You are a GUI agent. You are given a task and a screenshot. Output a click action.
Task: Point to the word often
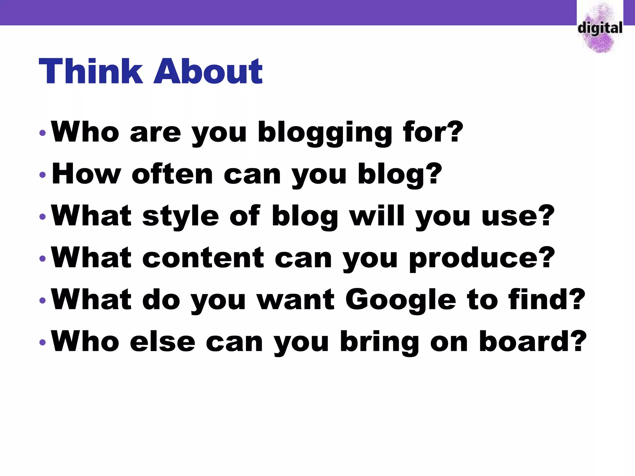click(172, 174)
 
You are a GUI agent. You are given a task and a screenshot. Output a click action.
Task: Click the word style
click(181, 216)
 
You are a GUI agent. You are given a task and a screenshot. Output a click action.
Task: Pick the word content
click(203, 258)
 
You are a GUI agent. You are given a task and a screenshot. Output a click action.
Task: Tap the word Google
click(401, 300)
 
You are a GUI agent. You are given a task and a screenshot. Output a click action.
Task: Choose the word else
click(162, 342)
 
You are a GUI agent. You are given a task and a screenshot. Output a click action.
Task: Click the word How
click(86, 174)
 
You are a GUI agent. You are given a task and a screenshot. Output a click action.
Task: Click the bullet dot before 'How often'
click(43, 175)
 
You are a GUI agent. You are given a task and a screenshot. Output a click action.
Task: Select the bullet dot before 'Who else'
click(43, 342)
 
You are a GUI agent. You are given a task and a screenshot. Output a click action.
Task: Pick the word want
click(296, 300)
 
